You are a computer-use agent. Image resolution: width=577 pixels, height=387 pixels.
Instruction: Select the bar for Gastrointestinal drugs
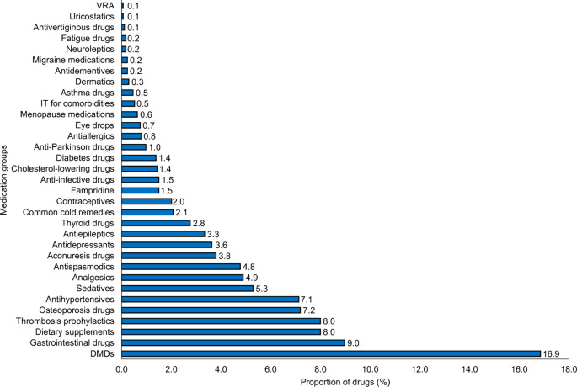tap(233, 342)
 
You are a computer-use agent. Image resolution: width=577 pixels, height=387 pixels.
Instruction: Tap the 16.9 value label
tap(552, 354)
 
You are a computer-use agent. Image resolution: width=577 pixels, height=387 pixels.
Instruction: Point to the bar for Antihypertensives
tap(210, 299)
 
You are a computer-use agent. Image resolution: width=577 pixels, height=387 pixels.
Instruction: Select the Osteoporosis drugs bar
tap(211, 310)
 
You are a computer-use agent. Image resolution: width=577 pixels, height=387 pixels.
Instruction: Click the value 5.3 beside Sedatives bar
tap(264, 289)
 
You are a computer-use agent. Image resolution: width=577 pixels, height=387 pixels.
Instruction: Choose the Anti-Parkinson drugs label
tap(74, 146)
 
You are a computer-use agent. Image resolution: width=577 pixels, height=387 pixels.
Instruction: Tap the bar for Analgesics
tap(183, 277)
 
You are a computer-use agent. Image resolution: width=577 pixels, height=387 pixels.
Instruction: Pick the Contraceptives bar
tap(147, 201)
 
